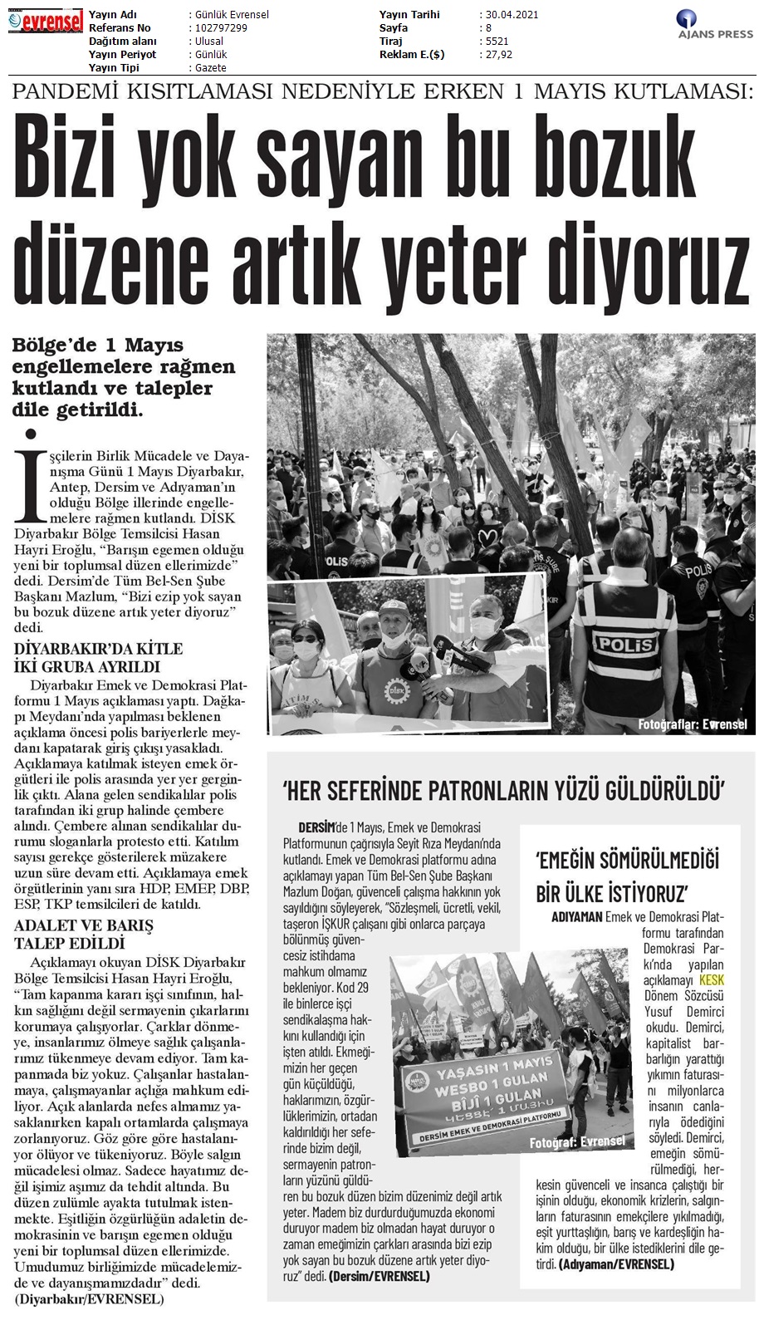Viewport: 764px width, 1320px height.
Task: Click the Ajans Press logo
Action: pyautogui.click(x=715, y=24)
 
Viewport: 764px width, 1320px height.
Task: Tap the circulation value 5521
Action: pyautogui.click(x=497, y=42)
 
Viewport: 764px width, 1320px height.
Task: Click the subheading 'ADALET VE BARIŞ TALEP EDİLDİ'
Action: pyautogui.click(x=84, y=934)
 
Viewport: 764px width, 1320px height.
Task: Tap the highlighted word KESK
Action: pyautogui.click(x=712, y=980)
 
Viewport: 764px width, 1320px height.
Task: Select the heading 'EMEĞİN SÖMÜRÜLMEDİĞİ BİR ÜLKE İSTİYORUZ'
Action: pyautogui.click(x=628, y=876)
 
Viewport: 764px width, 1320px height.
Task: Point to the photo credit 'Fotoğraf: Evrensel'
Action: pyautogui.click(x=577, y=1141)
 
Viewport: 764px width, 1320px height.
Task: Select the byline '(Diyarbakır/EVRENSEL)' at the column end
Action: pyautogui.click(x=89, y=1298)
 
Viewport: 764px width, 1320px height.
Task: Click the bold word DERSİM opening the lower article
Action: pyautogui.click(x=316, y=827)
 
